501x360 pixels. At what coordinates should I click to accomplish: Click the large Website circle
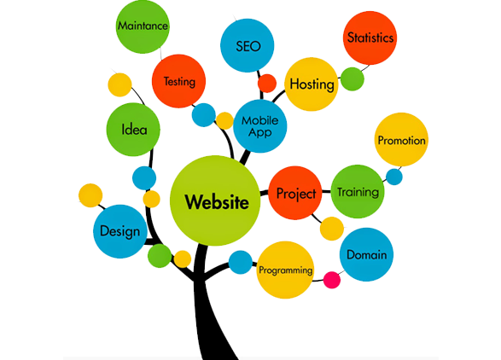[x=215, y=200]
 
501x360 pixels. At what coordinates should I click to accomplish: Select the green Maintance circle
[x=143, y=26]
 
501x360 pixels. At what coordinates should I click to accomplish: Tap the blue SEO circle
[x=248, y=45]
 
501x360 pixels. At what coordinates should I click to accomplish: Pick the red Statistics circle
[x=370, y=38]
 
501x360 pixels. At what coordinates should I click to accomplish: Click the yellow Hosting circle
[x=312, y=84]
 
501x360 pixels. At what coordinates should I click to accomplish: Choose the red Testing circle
[x=178, y=81]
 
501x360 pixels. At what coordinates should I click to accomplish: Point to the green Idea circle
[x=133, y=130]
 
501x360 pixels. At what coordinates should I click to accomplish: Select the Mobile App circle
[x=260, y=126]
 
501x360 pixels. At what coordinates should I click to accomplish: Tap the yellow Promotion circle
[x=401, y=140]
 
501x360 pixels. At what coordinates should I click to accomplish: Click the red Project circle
[x=295, y=193]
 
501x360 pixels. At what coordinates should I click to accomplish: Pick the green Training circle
[x=358, y=192]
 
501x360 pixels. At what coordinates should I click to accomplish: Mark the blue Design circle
[x=120, y=231]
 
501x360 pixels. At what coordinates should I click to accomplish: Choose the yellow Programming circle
[x=285, y=270]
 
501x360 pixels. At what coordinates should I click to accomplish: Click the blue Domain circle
[x=366, y=254]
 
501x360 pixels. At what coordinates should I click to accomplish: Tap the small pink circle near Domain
[x=332, y=280]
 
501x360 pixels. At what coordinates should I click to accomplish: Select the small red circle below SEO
[x=267, y=84]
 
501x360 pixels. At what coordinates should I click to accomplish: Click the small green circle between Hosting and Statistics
[x=352, y=79]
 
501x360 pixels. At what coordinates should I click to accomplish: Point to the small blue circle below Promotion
[x=394, y=177]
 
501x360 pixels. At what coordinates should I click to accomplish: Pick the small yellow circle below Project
[x=332, y=229]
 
